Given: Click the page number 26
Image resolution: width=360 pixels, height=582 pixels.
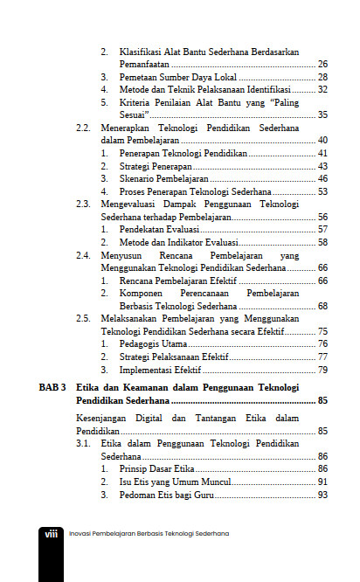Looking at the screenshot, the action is [322, 65].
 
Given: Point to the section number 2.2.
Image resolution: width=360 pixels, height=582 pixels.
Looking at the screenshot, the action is [83, 128].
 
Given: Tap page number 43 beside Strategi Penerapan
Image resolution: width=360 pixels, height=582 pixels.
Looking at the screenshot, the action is [322, 166].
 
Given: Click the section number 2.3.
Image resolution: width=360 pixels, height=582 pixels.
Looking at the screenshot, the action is [83, 204].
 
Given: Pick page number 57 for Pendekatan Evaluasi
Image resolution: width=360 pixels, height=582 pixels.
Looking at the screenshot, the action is [322, 229].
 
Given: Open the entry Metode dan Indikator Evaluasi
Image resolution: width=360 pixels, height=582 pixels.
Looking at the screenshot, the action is [177, 242].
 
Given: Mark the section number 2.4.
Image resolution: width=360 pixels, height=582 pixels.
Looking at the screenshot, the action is [83, 254].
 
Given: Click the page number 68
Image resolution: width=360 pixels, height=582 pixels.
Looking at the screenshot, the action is [322, 306].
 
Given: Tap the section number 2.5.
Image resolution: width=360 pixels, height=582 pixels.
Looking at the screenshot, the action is [83, 318].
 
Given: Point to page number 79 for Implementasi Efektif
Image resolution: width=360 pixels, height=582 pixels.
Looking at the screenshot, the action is [322, 370].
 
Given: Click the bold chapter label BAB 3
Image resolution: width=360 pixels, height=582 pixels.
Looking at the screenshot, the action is [52, 386].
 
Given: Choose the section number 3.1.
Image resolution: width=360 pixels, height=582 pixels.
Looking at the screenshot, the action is [83, 444].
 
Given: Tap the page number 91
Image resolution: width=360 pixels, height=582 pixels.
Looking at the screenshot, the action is [322, 482].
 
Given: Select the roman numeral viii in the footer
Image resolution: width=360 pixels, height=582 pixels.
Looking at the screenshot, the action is [51, 533].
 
